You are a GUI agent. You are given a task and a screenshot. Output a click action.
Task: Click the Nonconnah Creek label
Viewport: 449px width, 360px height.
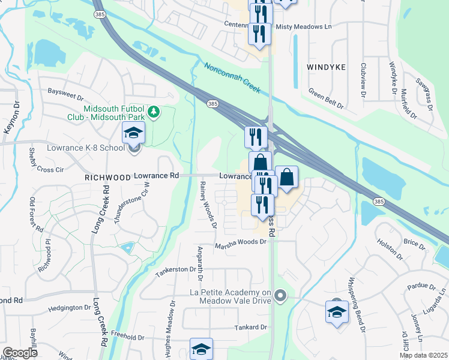point(232,79)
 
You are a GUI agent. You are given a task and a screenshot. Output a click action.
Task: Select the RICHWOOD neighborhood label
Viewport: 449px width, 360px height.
point(107,178)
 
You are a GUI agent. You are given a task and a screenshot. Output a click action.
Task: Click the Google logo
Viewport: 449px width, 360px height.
point(20,353)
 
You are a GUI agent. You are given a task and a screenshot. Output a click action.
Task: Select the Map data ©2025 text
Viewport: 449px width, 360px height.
point(423,355)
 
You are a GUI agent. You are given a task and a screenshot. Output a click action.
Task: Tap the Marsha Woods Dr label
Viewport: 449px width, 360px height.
point(240,242)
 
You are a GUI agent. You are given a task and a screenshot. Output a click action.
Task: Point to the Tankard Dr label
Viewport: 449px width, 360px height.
point(250,327)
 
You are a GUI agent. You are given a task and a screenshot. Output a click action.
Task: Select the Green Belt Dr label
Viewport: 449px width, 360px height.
point(326,98)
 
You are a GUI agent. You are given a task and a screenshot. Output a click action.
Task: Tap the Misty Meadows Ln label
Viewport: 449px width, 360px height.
point(303,27)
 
